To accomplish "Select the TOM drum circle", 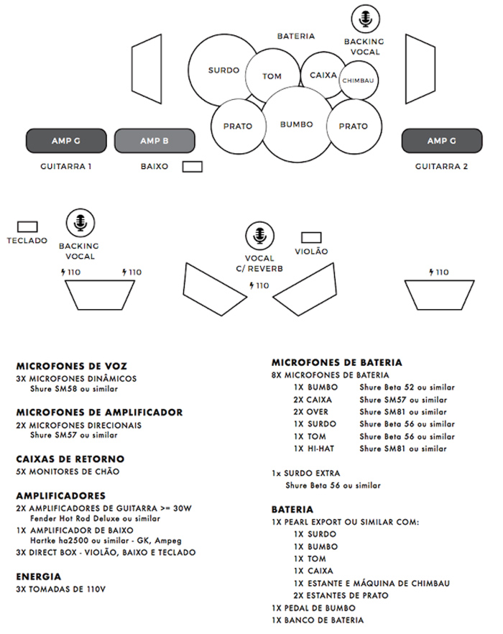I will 272,76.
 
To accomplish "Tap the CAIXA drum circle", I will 323,74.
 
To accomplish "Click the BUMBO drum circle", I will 296,124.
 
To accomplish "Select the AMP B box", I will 154,141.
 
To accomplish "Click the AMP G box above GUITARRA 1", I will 66,141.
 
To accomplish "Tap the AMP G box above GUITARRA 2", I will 441,141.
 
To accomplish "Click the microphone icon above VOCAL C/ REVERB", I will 259,234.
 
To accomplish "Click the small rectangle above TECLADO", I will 27,226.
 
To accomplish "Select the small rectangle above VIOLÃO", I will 311,237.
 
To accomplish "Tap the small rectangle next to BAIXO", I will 192,167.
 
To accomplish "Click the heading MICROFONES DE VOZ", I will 71,366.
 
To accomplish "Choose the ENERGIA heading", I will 39,576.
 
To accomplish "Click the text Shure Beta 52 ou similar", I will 407,387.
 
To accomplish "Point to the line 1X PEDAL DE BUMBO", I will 315,607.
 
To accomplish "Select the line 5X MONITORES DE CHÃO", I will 68,472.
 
